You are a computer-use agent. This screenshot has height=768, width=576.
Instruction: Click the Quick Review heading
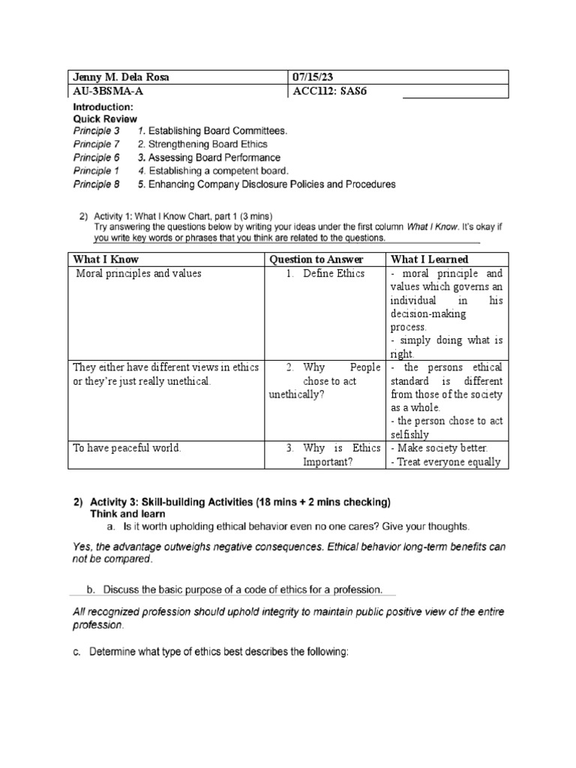104,118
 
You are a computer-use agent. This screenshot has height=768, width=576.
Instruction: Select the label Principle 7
96,144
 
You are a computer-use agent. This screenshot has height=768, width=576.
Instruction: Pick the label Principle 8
96,184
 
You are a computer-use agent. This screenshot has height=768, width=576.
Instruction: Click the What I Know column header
106,259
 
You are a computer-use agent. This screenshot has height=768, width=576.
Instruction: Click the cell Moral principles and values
139,274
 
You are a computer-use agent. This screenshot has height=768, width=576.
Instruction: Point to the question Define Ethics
334,274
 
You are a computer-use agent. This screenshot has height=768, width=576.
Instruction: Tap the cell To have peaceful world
127,448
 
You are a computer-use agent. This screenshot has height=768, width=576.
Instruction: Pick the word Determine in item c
116,652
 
